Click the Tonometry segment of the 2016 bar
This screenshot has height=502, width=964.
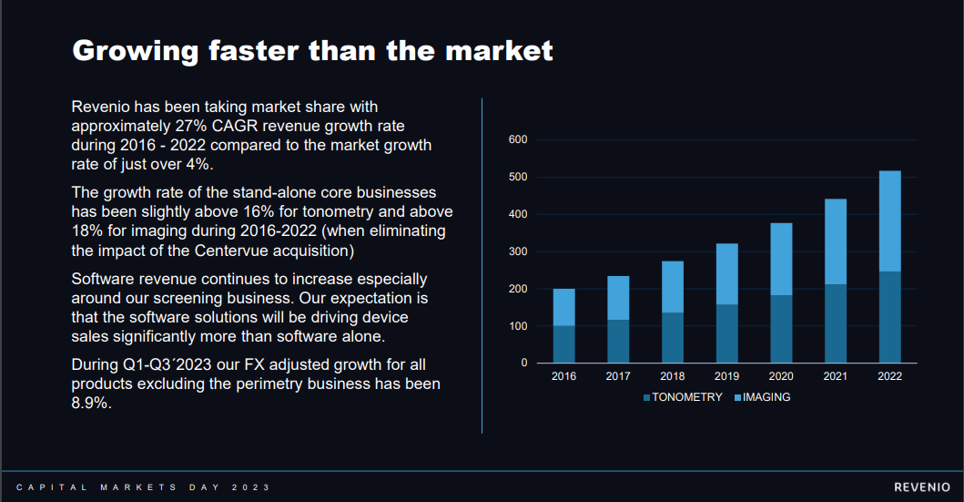563,343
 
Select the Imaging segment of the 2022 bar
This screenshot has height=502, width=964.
890,221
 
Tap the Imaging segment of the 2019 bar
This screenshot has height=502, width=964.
727,274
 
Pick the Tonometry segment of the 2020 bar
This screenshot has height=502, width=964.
782,328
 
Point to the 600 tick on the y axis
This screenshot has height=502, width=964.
518,139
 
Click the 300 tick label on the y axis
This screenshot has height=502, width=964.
518,251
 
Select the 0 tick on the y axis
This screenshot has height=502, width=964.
524,364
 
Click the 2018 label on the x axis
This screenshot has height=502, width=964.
673,377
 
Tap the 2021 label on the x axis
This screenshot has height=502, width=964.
836,377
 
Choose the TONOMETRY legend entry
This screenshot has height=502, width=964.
683,397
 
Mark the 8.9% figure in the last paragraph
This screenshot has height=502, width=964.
92,404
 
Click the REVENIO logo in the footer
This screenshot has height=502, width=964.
922,487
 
